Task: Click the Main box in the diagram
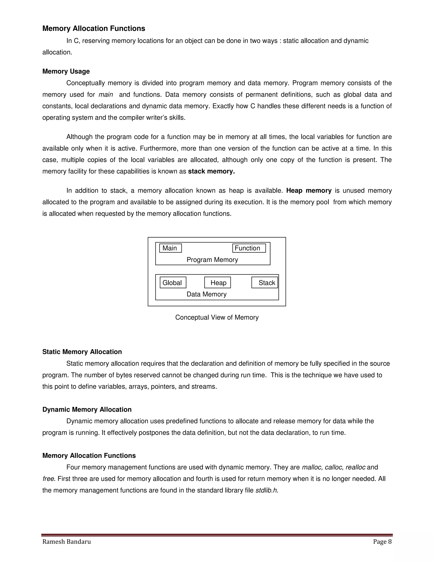(x=170, y=248)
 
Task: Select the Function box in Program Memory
(x=249, y=248)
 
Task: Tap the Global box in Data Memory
(x=172, y=282)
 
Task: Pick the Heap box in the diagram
(x=217, y=282)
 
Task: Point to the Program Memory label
(x=212, y=260)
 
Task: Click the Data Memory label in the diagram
(x=206, y=294)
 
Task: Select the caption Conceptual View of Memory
(x=217, y=317)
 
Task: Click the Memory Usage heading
(x=66, y=71)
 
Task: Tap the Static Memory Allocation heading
(x=82, y=352)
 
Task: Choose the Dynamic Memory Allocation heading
(x=87, y=409)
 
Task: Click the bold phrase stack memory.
(x=211, y=171)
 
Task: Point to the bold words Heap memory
(x=309, y=190)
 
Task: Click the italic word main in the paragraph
(x=106, y=95)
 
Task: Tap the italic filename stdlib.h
(x=267, y=490)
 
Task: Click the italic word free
(x=48, y=479)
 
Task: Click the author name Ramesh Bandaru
(x=66, y=542)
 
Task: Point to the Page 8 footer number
(x=382, y=542)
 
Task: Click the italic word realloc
(x=355, y=467)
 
